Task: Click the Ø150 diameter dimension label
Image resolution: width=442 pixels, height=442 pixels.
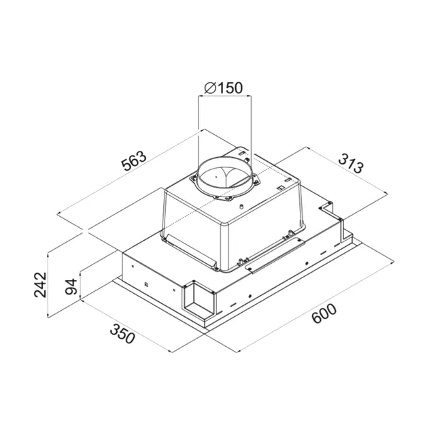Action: [223, 88]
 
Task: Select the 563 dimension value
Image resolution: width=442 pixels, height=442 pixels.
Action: [134, 161]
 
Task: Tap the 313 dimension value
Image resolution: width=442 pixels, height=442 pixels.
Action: [351, 163]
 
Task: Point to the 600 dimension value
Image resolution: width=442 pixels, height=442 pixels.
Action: [324, 313]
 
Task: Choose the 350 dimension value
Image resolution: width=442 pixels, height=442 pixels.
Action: [122, 334]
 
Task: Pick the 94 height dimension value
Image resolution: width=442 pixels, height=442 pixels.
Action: [71, 287]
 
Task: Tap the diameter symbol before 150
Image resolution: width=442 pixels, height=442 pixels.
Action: [210, 88]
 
